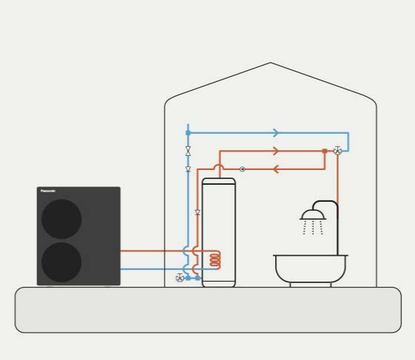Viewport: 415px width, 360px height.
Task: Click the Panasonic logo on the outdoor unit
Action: [48, 191]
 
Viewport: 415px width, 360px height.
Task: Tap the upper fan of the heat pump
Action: [61, 219]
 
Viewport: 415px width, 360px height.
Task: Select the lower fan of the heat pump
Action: [61, 262]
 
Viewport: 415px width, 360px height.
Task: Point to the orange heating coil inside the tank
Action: [215, 259]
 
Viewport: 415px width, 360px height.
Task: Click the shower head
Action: [313, 215]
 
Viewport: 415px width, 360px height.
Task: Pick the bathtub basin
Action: [311, 268]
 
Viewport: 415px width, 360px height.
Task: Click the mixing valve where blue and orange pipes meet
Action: [337, 151]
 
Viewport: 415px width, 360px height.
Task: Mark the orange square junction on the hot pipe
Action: [325, 151]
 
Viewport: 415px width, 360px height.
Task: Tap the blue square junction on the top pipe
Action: [188, 133]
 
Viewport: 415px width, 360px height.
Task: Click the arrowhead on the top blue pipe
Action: [276, 133]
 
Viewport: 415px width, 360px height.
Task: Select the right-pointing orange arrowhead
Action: [276, 151]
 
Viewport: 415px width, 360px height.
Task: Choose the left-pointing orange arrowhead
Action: [275, 169]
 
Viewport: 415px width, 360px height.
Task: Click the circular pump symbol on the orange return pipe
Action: [242, 169]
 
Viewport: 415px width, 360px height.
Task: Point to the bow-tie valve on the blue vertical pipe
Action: [188, 151]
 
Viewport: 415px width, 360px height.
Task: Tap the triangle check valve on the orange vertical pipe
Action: [198, 212]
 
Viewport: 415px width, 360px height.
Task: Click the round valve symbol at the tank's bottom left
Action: [180, 278]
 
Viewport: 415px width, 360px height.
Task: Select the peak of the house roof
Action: [270, 63]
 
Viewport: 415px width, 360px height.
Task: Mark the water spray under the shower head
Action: [313, 228]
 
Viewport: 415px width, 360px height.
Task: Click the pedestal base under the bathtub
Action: [311, 285]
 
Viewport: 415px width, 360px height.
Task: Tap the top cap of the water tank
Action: [219, 181]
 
